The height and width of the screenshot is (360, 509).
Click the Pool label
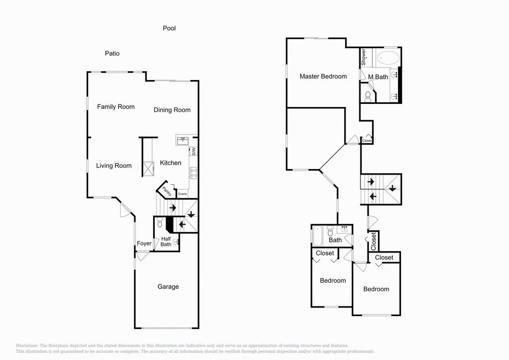click(169, 29)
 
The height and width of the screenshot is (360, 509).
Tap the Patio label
click(112, 53)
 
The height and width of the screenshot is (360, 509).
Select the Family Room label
click(116, 107)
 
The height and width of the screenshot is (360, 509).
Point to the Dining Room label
click(172, 110)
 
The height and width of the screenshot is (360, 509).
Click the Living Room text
click(115, 165)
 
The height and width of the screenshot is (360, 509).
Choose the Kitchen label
click(171, 163)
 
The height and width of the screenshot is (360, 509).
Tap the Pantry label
click(166, 190)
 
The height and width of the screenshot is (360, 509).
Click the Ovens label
click(182, 194)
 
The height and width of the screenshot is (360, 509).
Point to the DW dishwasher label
click(194, 151)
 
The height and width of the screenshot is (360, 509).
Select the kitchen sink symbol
click(183, 140)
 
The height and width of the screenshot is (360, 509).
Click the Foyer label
click(144, 244)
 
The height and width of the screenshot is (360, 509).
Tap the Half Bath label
click(166, 241)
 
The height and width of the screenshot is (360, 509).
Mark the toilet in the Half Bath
click(160, 223)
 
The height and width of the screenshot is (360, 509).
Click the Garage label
click(168, 287)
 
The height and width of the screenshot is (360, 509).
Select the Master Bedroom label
click(323, 76)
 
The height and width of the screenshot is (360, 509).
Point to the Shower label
click(364, 57)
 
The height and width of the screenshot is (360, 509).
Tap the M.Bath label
click(378, 77)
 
